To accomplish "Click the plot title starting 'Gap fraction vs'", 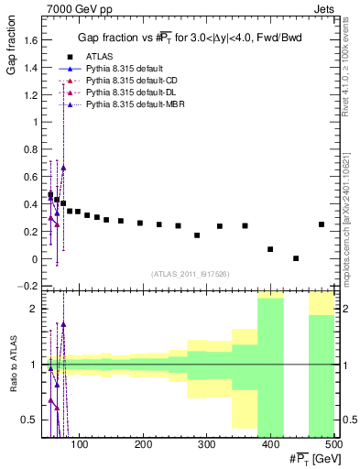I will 190,38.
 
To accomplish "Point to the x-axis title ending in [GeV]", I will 311,459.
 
